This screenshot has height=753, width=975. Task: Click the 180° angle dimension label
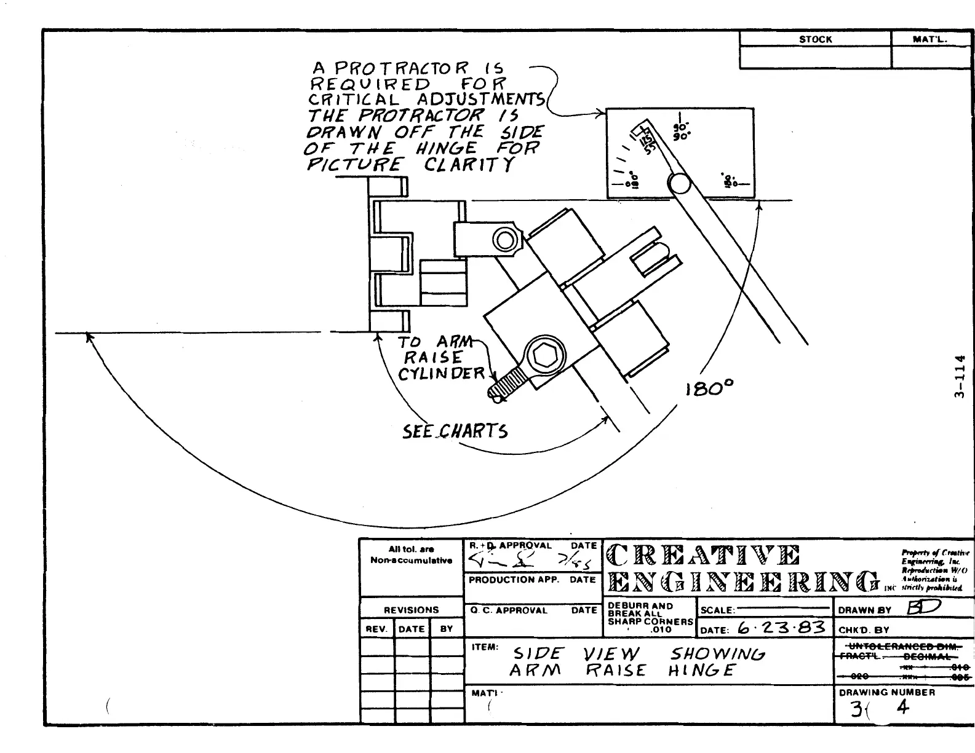(x=709, y=388)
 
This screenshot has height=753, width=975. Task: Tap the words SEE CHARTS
(x=455, y=431)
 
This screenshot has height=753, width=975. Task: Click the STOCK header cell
(x=815, y=39)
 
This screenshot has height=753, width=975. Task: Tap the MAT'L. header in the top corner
(x=931, y=39)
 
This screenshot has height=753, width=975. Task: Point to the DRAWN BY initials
(x=922, y=609)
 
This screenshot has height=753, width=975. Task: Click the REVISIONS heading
(x=411, y=610)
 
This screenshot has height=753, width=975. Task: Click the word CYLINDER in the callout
(x=441, y=374)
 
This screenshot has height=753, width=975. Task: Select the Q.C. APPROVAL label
(x=509, y=610)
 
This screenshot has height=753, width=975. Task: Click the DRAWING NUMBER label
(x=886, y=692)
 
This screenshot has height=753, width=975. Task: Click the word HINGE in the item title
(x=701, y=670)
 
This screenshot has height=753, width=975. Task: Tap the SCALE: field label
(x=718, y=610)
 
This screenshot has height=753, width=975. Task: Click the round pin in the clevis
(x=506, y=240)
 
